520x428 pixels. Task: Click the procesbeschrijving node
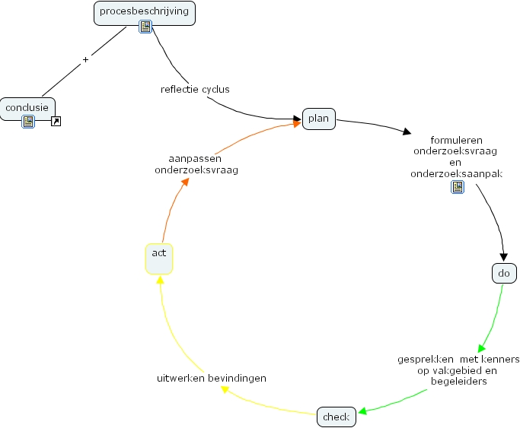(x=145, y=12)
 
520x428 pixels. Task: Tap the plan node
(x=319, y=119)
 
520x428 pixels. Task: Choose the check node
(x=336, y=417)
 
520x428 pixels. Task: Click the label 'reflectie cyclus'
(x=195, y=89)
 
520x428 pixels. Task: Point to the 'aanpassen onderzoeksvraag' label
(x=196, y=164)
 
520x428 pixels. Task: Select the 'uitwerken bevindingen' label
(x=212, y=378)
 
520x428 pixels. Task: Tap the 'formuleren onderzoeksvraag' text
(x=455, y=145)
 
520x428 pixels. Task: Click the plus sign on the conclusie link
(x=85, y=59)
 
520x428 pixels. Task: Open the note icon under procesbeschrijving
(x=145, y=27)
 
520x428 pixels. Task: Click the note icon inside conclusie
(x=28, y=121)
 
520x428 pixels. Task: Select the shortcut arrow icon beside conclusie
(x=56, y=121)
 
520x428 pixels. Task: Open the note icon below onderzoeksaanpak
(x=458, y=187)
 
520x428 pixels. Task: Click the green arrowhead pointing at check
(x=362, y=412)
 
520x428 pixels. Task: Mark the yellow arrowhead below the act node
(x=159, y=279)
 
